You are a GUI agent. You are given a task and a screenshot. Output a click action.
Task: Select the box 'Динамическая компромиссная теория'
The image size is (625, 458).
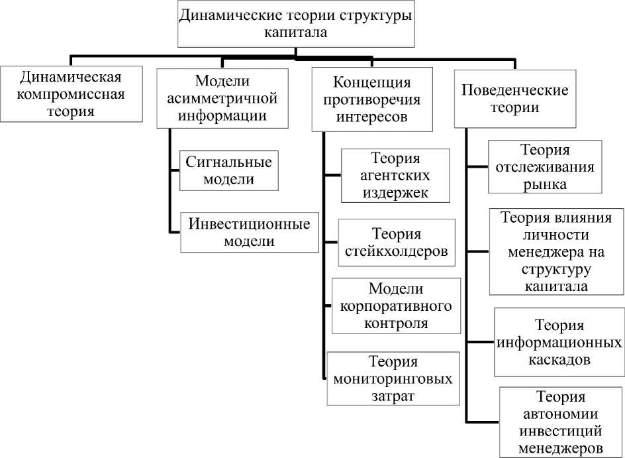tap(71, 93)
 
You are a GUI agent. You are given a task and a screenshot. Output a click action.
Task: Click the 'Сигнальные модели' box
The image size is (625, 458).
tap(229, 170)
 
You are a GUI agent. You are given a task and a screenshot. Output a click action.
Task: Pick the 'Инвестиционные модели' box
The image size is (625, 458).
tap(249, 232)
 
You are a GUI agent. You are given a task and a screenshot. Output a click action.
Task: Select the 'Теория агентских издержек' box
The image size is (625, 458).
tap(395, 176)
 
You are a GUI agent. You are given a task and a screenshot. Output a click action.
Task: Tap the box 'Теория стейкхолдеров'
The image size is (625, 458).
tap(397, 243)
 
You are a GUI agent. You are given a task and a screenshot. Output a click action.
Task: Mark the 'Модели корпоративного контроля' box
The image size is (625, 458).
tap(396, 306)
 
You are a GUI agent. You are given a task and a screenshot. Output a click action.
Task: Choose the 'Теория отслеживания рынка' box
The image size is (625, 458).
tap(545, 167)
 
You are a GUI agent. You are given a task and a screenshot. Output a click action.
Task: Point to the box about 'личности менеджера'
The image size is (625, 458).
tap(556, 252)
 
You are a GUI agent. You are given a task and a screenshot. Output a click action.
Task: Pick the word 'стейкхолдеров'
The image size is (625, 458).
tap(397, 252)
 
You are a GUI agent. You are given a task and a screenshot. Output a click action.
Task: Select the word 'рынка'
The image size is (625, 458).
tap(545, 184)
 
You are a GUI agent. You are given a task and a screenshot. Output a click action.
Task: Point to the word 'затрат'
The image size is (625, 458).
tap(393, 396)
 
